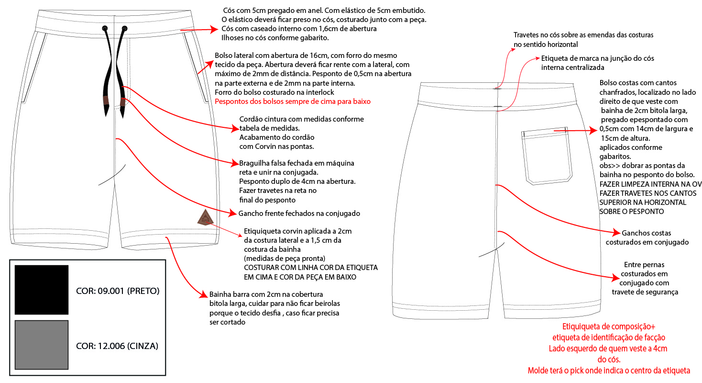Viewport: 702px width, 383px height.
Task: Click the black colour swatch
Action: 42,289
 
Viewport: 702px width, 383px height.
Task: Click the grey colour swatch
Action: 42,345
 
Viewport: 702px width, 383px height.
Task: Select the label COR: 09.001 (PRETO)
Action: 118,291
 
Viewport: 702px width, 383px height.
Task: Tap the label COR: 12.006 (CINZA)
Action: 117,346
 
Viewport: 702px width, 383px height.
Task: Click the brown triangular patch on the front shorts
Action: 204,218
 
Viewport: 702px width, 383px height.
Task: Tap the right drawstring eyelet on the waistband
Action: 124,29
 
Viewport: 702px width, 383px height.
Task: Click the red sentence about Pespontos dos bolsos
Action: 293,101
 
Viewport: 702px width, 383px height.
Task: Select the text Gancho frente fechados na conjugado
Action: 299,213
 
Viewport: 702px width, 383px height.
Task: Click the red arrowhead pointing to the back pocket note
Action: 593,130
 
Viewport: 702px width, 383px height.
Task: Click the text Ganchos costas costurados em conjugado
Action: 647,237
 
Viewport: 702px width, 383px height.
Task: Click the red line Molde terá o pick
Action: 609,371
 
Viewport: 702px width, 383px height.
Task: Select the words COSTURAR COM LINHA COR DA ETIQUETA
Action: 311,267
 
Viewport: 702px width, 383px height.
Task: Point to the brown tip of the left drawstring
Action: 105,101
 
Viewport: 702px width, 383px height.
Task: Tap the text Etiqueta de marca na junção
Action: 598,58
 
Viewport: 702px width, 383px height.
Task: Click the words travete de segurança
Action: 645,292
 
